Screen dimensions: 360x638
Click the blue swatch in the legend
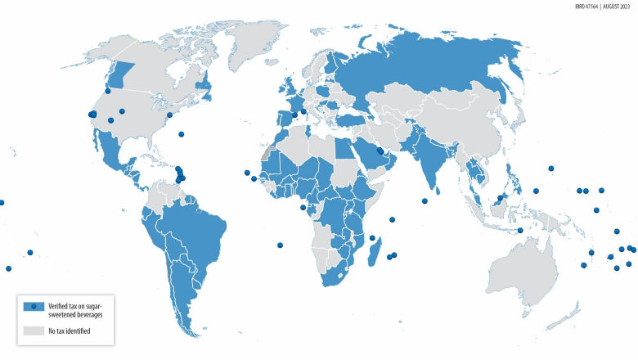pyautogui.click(x=34, y=307)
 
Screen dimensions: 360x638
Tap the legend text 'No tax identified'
pyautogui.click(x=69, y=331)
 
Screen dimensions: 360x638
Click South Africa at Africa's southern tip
pyautogui.click(x=336, y=278)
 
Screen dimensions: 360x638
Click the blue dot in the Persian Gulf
pyautogui.click(x=380, y=151)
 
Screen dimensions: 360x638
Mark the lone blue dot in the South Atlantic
pyautogui.click(x=281, y=245)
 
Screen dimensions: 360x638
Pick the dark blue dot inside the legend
pyautogui.click(x=34, y=307)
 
